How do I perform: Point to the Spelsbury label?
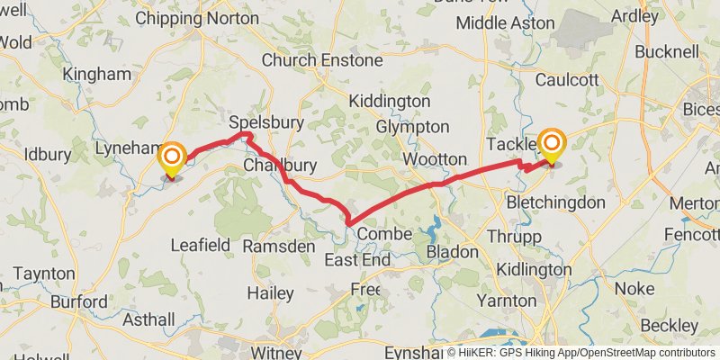pos(266,122)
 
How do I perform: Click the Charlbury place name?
pos(280,166)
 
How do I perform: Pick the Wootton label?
pos(436,159)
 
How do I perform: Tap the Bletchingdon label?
pos(555,202)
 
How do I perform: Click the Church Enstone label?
pos(321,60)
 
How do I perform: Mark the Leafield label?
pos(201,245)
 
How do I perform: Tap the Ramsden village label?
pos(279,246)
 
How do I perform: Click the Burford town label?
pos(79,301)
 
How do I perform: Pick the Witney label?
pos(275,352)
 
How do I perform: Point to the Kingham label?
pos(97,74)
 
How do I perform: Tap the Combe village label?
pos(384,234)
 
